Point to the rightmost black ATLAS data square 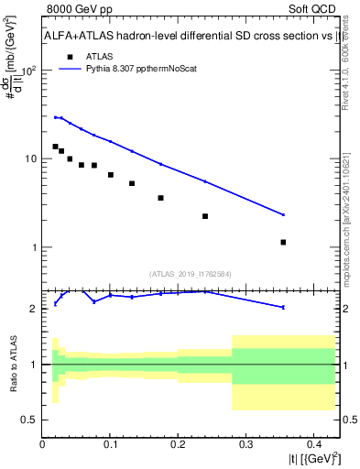283,243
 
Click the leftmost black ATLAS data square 55,147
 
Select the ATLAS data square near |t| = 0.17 160,198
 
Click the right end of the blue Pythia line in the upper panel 283,214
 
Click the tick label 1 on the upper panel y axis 34,248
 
